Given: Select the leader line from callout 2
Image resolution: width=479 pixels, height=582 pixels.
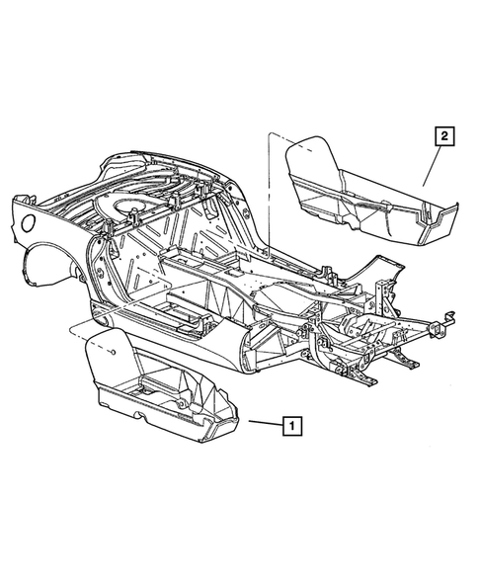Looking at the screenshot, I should point(433,164).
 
